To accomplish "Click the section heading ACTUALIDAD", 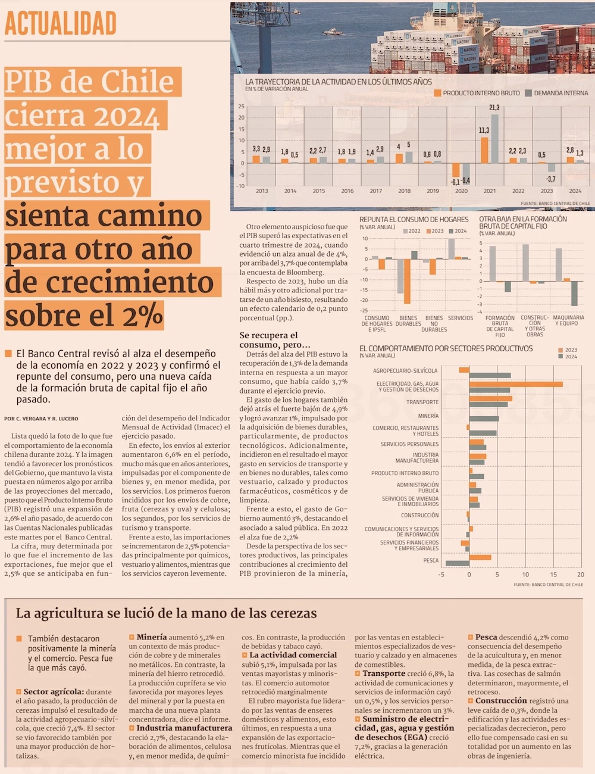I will coord(60,24).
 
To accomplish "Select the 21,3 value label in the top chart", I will coord(494,108).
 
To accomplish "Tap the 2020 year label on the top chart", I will coord(461,191).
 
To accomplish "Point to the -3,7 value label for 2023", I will coord(550,179).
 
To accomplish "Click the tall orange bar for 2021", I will coord(485,150).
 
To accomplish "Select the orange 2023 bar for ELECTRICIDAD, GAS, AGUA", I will coord(515,384).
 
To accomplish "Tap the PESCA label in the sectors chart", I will coord(431,561).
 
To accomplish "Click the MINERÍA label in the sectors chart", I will coord(428,416).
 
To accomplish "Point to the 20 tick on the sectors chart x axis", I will coord(581,575).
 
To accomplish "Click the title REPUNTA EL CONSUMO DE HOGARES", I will coord(414,220).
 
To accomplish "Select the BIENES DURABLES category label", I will coord(408,321).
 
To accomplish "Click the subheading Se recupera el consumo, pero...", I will coord(274,340).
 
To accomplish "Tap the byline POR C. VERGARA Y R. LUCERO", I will coord(41,419).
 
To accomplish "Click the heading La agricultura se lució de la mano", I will coord(166,613).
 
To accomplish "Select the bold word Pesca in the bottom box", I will coord(487,637).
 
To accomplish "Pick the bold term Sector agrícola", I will coord(54,692).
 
